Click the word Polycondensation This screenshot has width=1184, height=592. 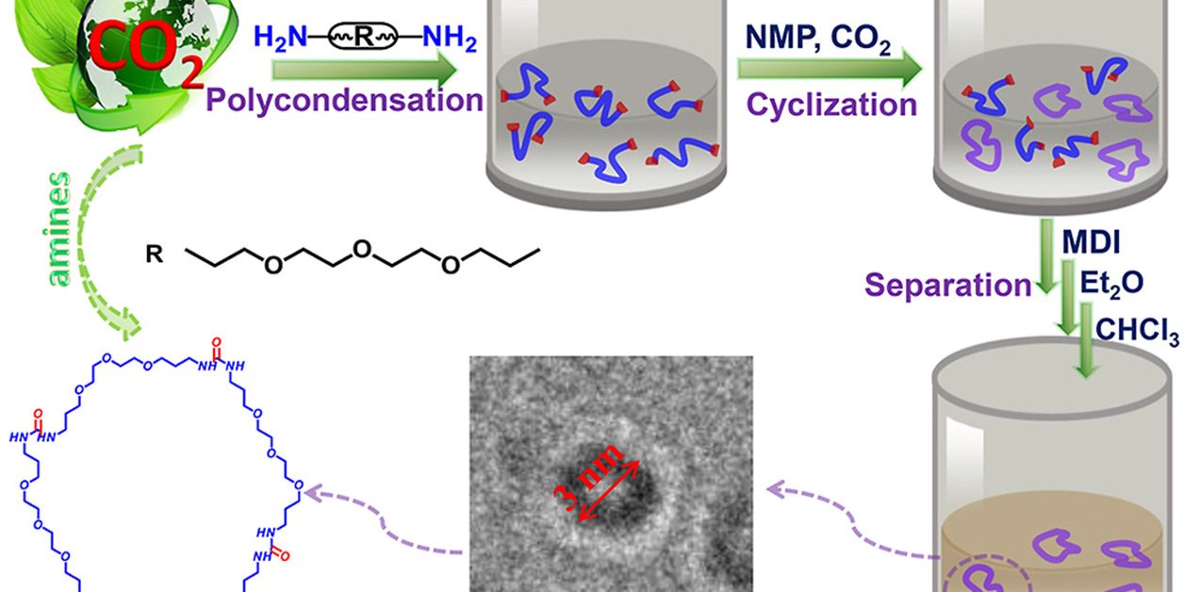point(344,98)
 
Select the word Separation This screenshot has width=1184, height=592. point(948,284)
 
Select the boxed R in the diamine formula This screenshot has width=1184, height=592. point(364,40)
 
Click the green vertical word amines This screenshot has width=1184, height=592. point(59,227)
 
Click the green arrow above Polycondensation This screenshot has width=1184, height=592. point(363,71)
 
